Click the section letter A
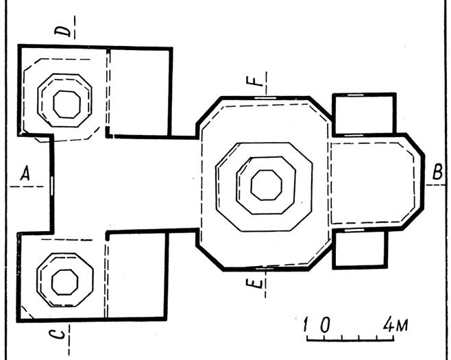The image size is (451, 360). [25, 176]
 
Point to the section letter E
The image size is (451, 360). [255, 284]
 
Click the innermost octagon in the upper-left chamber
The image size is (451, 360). [66, 104]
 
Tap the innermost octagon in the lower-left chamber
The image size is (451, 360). [66, 280]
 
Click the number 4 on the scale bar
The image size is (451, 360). [388, 323]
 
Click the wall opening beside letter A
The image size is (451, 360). [51, 184]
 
